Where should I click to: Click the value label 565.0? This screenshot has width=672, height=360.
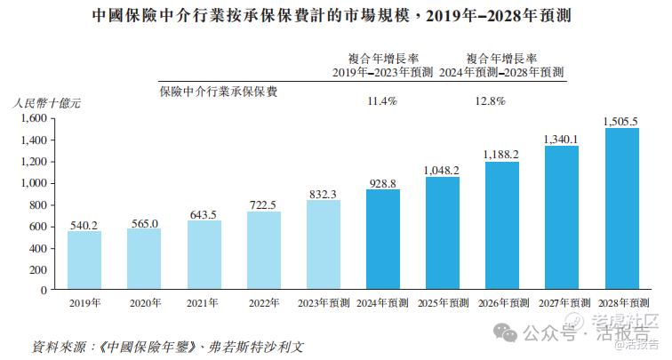(145, 223)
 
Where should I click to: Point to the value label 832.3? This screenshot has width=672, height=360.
(324, 194)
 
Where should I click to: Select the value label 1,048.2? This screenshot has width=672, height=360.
(443, 170)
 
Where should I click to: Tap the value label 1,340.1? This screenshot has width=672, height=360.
(562, 139)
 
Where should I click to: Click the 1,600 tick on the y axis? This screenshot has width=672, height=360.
(33, 118)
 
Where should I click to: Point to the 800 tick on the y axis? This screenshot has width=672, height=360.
(38, 204)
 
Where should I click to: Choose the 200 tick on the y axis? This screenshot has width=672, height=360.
(38, 269)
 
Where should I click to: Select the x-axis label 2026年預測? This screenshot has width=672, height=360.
(502, 303)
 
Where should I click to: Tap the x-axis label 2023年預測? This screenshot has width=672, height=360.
(324, 303)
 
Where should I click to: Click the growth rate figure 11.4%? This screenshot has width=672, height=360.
(382, 101)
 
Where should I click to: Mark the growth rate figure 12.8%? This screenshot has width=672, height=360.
(491, 101)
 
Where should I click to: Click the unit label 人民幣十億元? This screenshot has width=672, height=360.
(47, 103)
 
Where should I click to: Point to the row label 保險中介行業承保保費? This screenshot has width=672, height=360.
(218, 90)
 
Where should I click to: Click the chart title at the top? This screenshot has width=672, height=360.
(336, 15)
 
